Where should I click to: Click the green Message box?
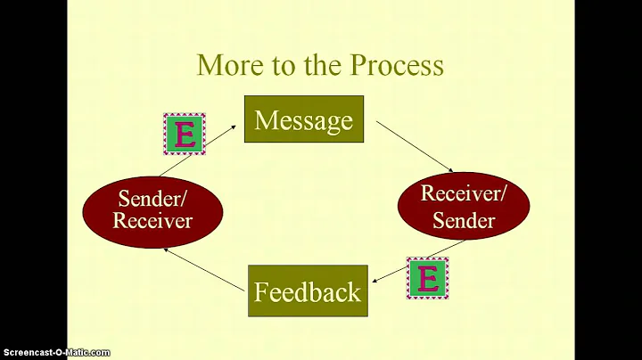(x=303, y=119)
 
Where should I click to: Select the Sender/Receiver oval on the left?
(x=152, y=209)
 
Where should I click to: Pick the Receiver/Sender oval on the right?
(x=464, y=207)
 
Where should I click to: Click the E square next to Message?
(x=185, y=135)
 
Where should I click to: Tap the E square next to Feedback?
(x=428, y=279)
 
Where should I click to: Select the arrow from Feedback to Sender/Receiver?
(x=204, y=268)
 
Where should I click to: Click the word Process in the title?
(x=397, y=66)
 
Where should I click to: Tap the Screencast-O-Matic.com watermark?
(x=55, y=353)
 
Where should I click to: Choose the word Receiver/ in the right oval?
(x=464, y=193)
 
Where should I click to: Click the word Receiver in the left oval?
(x=152, y=221)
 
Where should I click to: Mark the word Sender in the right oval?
(x=464, y=220)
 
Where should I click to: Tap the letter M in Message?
(x=265, y=120)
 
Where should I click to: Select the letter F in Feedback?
(x=260, y=291)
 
